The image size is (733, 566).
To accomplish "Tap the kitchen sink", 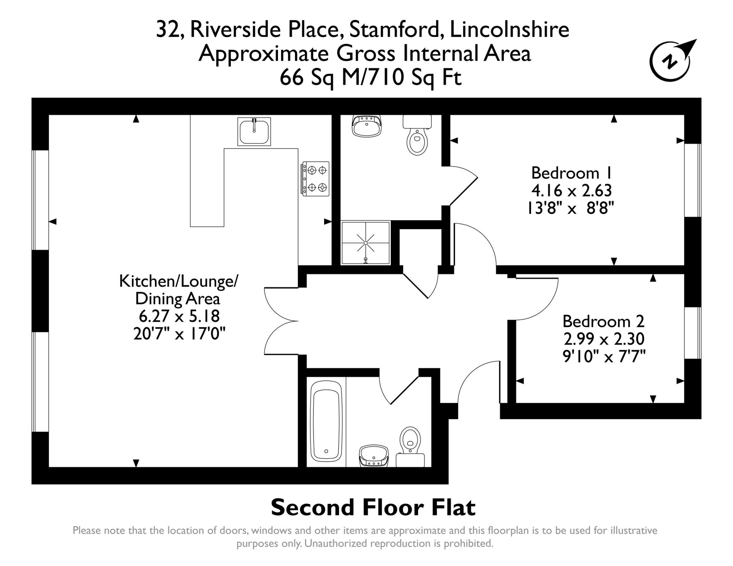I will click(254, 132).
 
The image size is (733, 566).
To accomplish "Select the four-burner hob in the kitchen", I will click(315, 178).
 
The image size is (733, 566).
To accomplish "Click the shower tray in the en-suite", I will click(365, 243).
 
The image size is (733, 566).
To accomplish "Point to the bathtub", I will click(326, 421).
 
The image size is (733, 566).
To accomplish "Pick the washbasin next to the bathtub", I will click(374, 456).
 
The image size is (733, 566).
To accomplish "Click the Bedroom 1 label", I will click(572, 173).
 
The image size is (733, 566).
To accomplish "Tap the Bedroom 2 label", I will click(603, 321).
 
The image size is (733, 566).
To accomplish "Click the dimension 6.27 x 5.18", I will click(179, 316).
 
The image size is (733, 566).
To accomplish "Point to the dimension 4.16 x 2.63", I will click(572, 191).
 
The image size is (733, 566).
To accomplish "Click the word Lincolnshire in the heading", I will click(509, 30).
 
